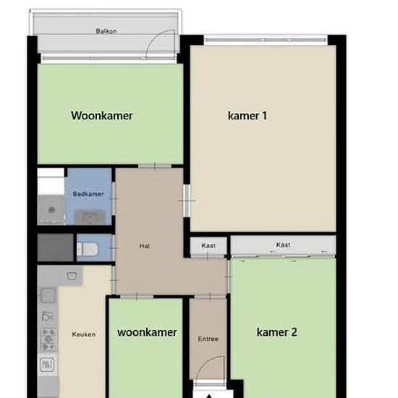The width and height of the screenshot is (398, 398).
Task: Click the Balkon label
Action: (106, 31)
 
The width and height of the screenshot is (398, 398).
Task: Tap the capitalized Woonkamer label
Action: (102, 116)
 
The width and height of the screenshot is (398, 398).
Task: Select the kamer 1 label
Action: (247, 116)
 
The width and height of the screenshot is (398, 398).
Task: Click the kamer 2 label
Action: (276, 332)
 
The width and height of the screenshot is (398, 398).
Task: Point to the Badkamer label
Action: (88, 194)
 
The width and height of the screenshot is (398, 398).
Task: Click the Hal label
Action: (145, 246)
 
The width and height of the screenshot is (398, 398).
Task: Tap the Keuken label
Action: (84, 334)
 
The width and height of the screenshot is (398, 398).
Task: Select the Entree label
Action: (208, 339)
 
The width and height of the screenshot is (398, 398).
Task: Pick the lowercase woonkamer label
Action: (147, 332)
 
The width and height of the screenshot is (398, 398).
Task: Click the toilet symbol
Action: (88, 250)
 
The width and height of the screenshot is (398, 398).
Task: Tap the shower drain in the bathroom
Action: (51, 210)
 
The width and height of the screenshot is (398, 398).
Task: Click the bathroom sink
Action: (89, 217)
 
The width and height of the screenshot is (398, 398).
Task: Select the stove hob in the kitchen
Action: (48, 339)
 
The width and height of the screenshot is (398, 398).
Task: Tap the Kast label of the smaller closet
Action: (208, 245)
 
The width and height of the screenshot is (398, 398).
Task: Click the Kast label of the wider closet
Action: (283, 245)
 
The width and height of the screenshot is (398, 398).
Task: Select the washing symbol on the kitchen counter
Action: (72, 276)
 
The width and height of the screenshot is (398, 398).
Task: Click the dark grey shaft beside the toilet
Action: (56, 247)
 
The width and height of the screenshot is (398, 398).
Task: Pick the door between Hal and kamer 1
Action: (187, 200)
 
